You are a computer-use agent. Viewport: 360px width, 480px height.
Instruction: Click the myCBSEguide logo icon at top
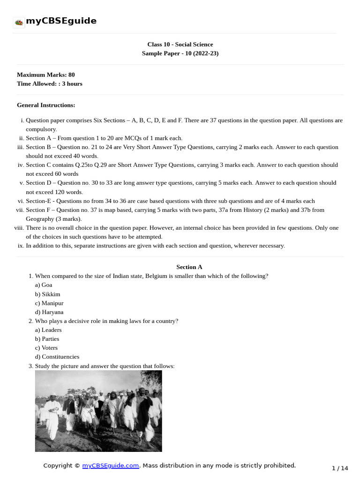(19, 22)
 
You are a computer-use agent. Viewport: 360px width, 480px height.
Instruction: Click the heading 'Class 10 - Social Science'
(180, 45)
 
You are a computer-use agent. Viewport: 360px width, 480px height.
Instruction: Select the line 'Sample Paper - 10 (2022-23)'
(180, 53)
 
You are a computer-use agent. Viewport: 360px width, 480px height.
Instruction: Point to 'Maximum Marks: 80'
(45, 75)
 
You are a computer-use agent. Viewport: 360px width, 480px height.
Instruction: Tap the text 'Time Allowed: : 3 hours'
(49, 84)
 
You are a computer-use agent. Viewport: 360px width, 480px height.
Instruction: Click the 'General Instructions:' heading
(46, 105)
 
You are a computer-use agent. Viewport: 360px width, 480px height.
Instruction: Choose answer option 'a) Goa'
(44, 285)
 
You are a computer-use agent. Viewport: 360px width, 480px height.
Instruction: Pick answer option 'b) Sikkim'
(47, 294)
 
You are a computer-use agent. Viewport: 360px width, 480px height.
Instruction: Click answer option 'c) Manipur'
(49, 303)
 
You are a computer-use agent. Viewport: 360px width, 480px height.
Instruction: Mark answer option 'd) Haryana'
(49, 312)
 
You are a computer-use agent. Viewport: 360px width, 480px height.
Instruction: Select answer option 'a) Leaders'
(48, 330)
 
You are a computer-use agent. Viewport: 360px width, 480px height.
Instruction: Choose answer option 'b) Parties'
(47, 339)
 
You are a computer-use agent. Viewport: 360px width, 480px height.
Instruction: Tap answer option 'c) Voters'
(46, 348)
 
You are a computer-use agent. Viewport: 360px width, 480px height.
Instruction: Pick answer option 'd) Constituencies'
(57, 357)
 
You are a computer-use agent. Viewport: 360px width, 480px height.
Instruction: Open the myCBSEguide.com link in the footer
(111, 465)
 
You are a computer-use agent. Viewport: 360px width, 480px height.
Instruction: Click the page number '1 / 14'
(340, 468)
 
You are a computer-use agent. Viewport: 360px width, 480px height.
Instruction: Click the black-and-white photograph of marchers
(98, 411)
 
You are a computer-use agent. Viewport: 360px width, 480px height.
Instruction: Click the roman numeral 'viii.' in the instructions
(19, 228)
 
